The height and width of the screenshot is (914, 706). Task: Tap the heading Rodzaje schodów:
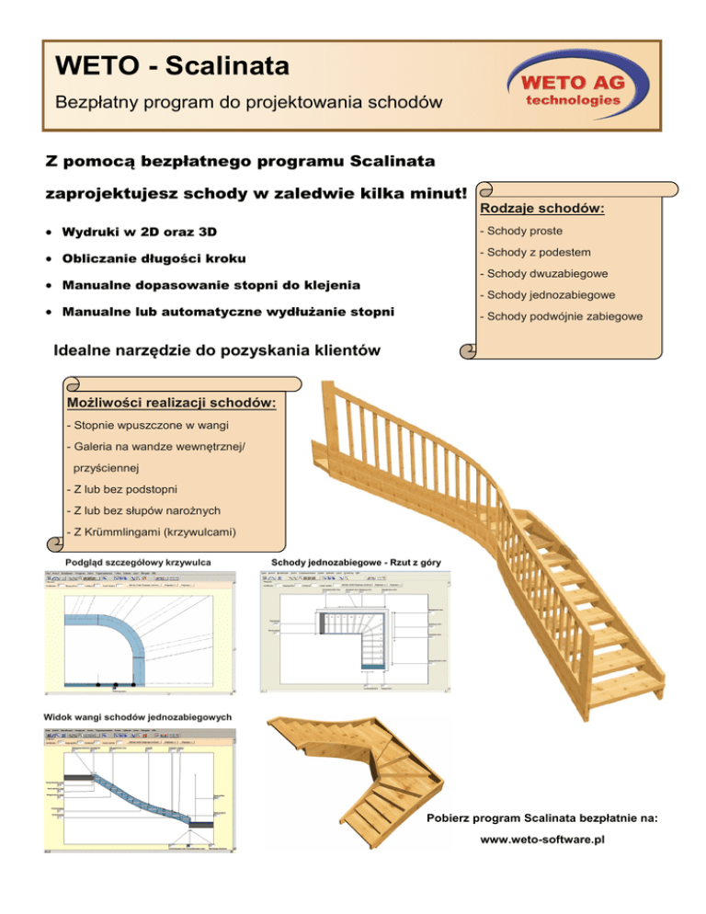coord(546,209)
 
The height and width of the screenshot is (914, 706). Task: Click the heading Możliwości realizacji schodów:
coord(172,403)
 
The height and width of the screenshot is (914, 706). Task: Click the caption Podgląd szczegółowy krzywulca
coord(139,562)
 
